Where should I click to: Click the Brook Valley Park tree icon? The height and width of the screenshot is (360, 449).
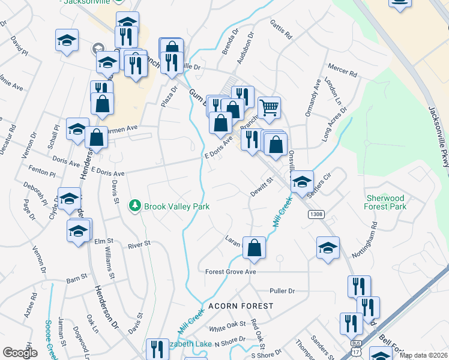pyautogui.click(x=136, y=206)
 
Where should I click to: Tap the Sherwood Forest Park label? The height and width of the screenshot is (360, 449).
pyautogui.click(x=385, y=202)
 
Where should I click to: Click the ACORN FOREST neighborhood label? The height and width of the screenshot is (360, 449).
pyautogui.click(x=241, y=306)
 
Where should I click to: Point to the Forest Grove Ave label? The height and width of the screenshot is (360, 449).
pyautogui.click(x=231, y=272)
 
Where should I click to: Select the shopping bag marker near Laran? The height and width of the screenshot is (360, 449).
pyautogui.click(x=254, y=248)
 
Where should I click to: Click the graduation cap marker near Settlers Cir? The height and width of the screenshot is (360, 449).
pyautogui.click(x=302, y=181)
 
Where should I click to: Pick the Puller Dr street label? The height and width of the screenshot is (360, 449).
pyautogui.click(x=283, y=291)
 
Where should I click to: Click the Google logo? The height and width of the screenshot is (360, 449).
pyautogui.click(x=20, y=353)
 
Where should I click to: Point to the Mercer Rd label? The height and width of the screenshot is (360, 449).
pyautogui.click(x=342, y=70)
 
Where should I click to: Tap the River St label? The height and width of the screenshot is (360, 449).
pyautogui.click(x=137, y=245)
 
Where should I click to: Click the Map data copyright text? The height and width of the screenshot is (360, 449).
pyautogui.click(x=423, y=355)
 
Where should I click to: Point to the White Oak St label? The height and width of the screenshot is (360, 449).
pyautogui.click(x=228, y=328)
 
